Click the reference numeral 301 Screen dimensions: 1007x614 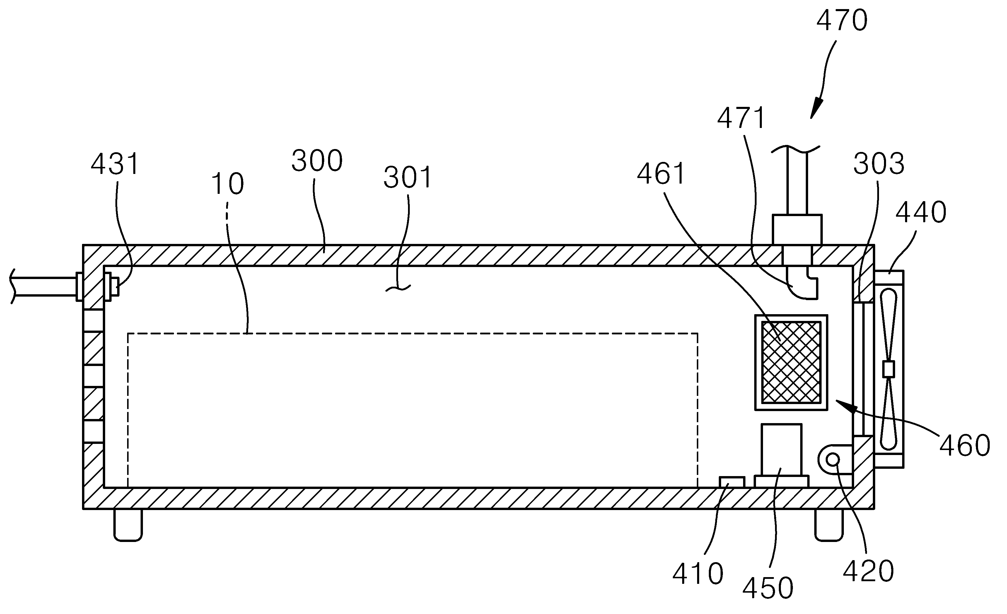[x=408, y=177]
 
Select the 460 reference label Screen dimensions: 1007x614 [x=965, y=445]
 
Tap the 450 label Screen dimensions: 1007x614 [x=768, y=589]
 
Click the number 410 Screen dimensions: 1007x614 [x=698, y=574]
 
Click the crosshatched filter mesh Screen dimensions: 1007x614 [x=791, y=362]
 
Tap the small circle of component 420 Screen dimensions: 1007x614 [x=832, y=460]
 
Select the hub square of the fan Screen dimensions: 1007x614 [x=888, y=369]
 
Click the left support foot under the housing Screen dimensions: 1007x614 [x=128, y=525]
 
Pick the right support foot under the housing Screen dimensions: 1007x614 [x=829, y=525]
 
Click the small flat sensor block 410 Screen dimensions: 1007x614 [x=732, y=482]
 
